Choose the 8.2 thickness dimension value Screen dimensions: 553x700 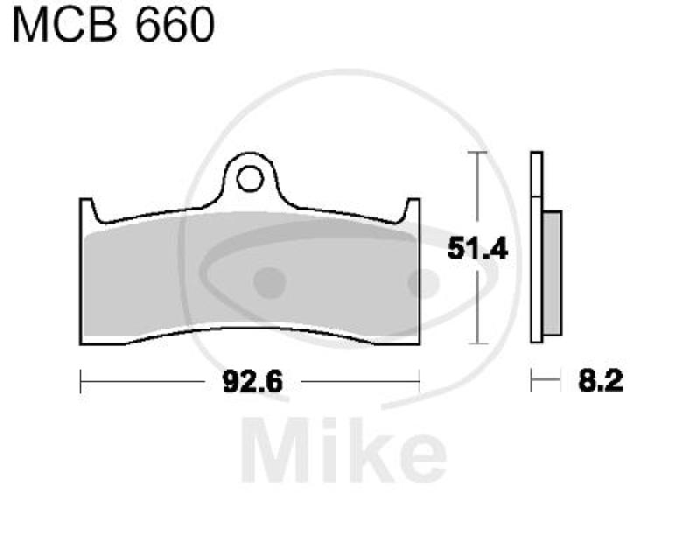click(600, 382)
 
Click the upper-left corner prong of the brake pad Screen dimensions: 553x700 click(86, 208)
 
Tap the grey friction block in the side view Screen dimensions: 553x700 click(552, 272)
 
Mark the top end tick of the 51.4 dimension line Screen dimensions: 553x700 click(476, 152)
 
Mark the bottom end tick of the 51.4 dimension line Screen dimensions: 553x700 click(476, 344)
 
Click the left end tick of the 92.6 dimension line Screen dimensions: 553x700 click(80, 381)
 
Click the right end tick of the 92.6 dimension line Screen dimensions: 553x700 click(421, 381)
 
